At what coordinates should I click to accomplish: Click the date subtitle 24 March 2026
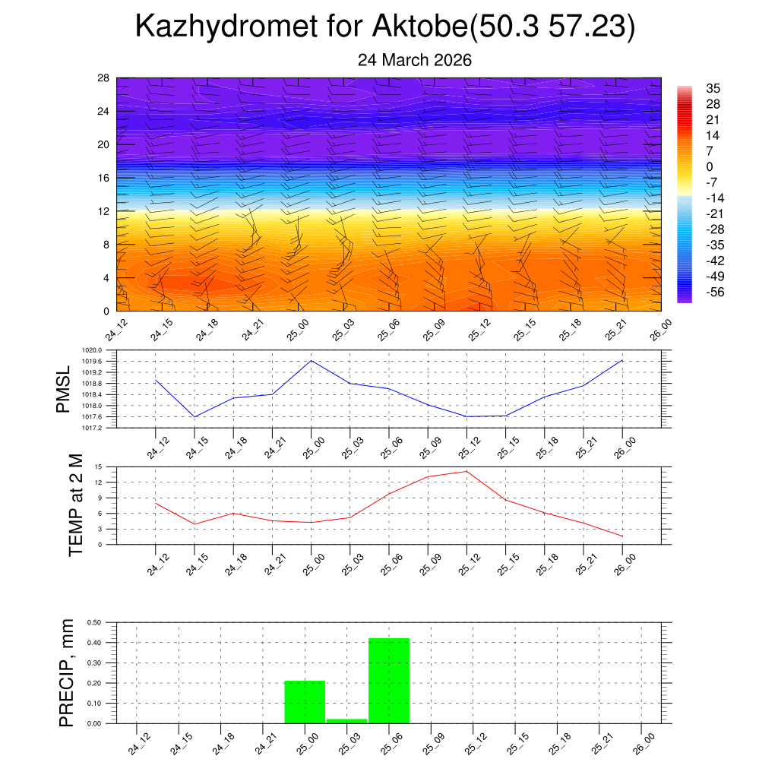coord(415,60)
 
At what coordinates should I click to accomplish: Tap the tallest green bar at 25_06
coord(389,681)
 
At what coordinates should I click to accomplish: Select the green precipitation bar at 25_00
coord(305,702)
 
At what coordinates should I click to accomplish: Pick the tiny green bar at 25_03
coord(347,720)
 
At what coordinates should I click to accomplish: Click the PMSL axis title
coord(63,389)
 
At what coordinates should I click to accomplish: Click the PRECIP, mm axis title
coord(68,672)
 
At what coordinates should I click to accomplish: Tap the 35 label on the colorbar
coord(713,88)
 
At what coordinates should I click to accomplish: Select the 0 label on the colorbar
coord(710,167)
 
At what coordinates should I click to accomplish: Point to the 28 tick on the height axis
coord(103,78)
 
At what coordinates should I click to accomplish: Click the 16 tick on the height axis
coord(103,178)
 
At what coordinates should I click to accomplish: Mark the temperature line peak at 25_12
coord(466,471)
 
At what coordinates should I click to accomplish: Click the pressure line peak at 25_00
coord(311,360)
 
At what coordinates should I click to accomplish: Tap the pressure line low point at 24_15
coord(194,417)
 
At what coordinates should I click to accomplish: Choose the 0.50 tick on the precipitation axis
coord(95,622)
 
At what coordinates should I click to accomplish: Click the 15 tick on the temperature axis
coord(99,466)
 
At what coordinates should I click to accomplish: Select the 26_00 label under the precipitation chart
coord(641,743)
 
